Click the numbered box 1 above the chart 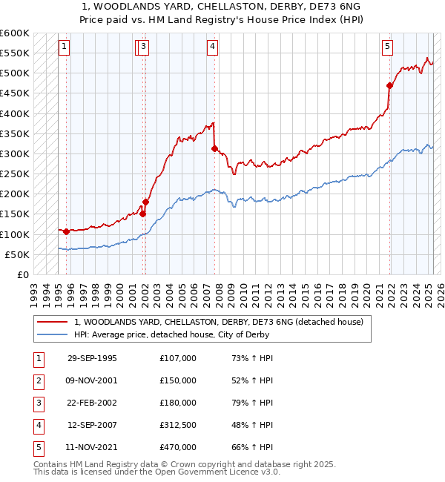pyautogui.click(x=65, y=47)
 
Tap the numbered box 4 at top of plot pyautogui.click(x=213, y=47)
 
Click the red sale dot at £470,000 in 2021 pyautogui.click(x=390, y=85)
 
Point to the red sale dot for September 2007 pyautogui.click(x=214, y=148)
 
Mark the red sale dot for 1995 pyautogui.click(x=67, y=231)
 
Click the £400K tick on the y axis pyautogui.click(x=14, y=113)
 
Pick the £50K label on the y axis pyautogui.click(x=17, y=254)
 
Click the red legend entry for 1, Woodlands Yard pyautogui.click(x=218, y=323)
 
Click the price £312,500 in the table pyautogui.click(x=178, y=425)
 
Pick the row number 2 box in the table pyautogui.click(x=36, y=380)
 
